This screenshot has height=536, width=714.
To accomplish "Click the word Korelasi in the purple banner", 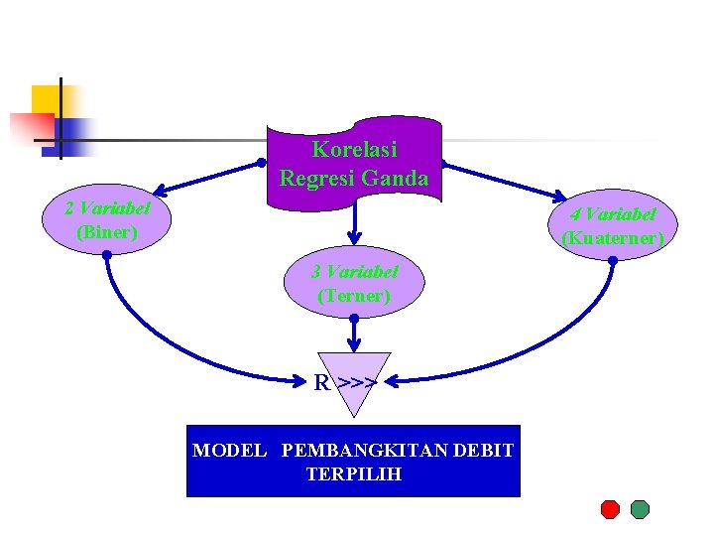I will click(354, 150).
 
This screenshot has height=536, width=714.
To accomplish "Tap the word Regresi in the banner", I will click(317, 180).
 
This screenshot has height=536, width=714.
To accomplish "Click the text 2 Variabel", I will click(107, 208).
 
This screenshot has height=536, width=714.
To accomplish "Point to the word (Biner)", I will click(106, 233).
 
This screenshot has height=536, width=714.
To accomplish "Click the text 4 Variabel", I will click(613, 214).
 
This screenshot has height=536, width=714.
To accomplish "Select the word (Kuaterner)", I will click(613, 239).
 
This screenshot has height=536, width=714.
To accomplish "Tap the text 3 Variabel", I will click(354, 271).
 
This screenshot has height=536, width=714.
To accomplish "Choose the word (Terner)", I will click(354, 296).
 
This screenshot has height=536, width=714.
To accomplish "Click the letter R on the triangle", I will click(322, 382).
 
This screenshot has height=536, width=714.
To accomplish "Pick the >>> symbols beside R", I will click(357, 382).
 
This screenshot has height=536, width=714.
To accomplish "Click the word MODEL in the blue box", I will click(229, 451).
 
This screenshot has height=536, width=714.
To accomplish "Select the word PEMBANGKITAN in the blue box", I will click(364, 451).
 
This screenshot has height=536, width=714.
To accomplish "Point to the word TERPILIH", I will click(354, 474).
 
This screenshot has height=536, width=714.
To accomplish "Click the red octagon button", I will click(610, 509).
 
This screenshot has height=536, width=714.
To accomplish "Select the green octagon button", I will click(640, 509).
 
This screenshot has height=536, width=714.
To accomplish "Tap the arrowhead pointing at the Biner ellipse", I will click(160, 190).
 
